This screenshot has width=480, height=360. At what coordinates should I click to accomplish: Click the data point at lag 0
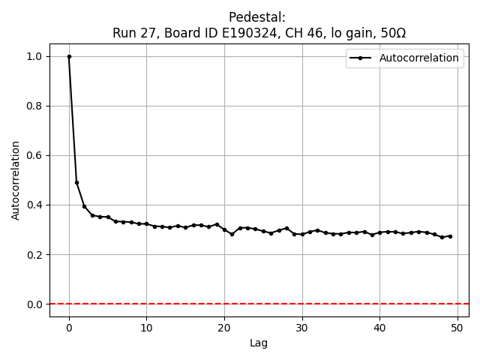(x=69, y=56)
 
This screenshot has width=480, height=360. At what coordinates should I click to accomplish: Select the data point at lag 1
(x=76, y=182)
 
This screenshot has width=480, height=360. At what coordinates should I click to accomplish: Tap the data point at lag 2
(x=85, y=206)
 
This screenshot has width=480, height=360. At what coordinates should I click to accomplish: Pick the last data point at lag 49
(x=450, y=236)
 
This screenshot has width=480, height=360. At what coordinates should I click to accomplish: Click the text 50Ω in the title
(x=391, y=33)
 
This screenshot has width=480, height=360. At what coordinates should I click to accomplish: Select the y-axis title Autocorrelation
(x=16, y=180)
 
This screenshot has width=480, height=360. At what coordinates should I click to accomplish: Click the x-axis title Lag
(x=259, y=343)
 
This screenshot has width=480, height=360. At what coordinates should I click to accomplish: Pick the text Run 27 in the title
(x=131, y=33)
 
